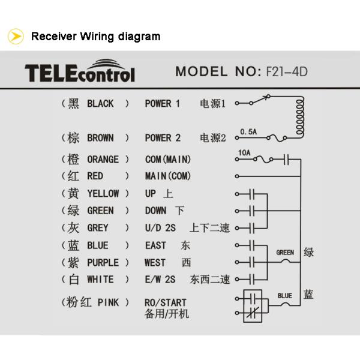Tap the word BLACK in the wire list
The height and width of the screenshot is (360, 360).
(100, 104)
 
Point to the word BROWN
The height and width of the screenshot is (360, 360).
(100, 138)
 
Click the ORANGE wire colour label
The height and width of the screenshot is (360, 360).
(103, 160)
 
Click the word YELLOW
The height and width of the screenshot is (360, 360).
(103, 194)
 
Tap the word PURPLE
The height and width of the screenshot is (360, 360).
(103, 263)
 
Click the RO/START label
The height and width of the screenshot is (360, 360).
(166, 302)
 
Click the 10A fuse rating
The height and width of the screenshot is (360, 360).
(244, 153)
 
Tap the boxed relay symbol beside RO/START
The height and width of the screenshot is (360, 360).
(253, 305)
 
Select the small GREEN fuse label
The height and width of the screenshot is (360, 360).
(285, 253)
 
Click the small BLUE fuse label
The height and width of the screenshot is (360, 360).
(285, 296)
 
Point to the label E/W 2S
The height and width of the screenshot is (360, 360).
(161, 280)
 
